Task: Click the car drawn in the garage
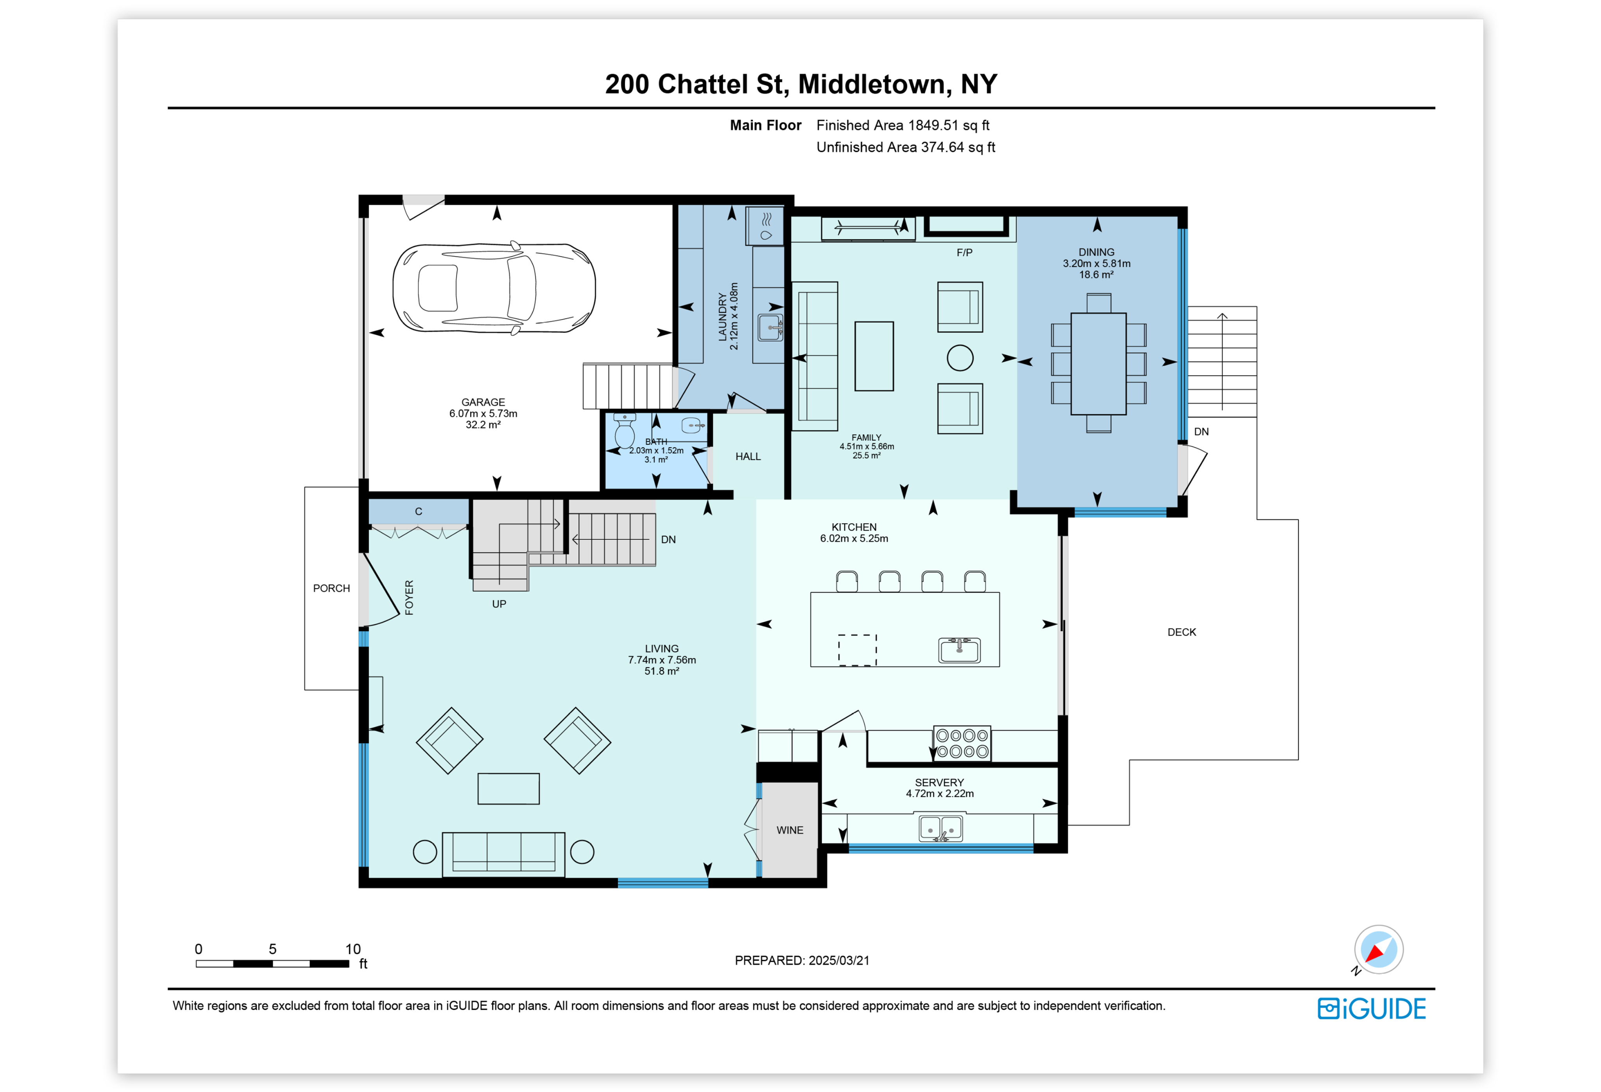point(494,288)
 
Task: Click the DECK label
point(1182,632)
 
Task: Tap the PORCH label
point(331,588)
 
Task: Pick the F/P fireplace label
point(964,253)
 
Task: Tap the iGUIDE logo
point(1372,1009)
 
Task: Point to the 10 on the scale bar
point(353,949)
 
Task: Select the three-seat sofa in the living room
point(503,854)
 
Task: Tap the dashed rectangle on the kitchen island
point(857,650)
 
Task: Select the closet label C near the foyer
point(418,512)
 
